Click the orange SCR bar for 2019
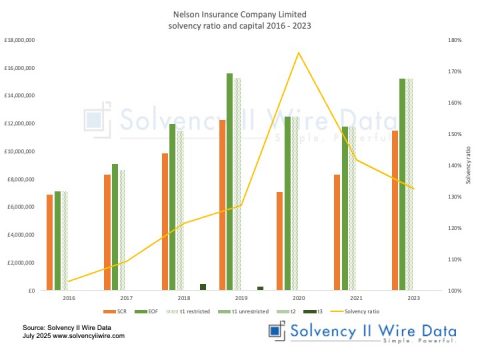click(222, 205)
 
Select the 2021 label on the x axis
click(357, 299)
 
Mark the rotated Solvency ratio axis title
click(469, 165)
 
